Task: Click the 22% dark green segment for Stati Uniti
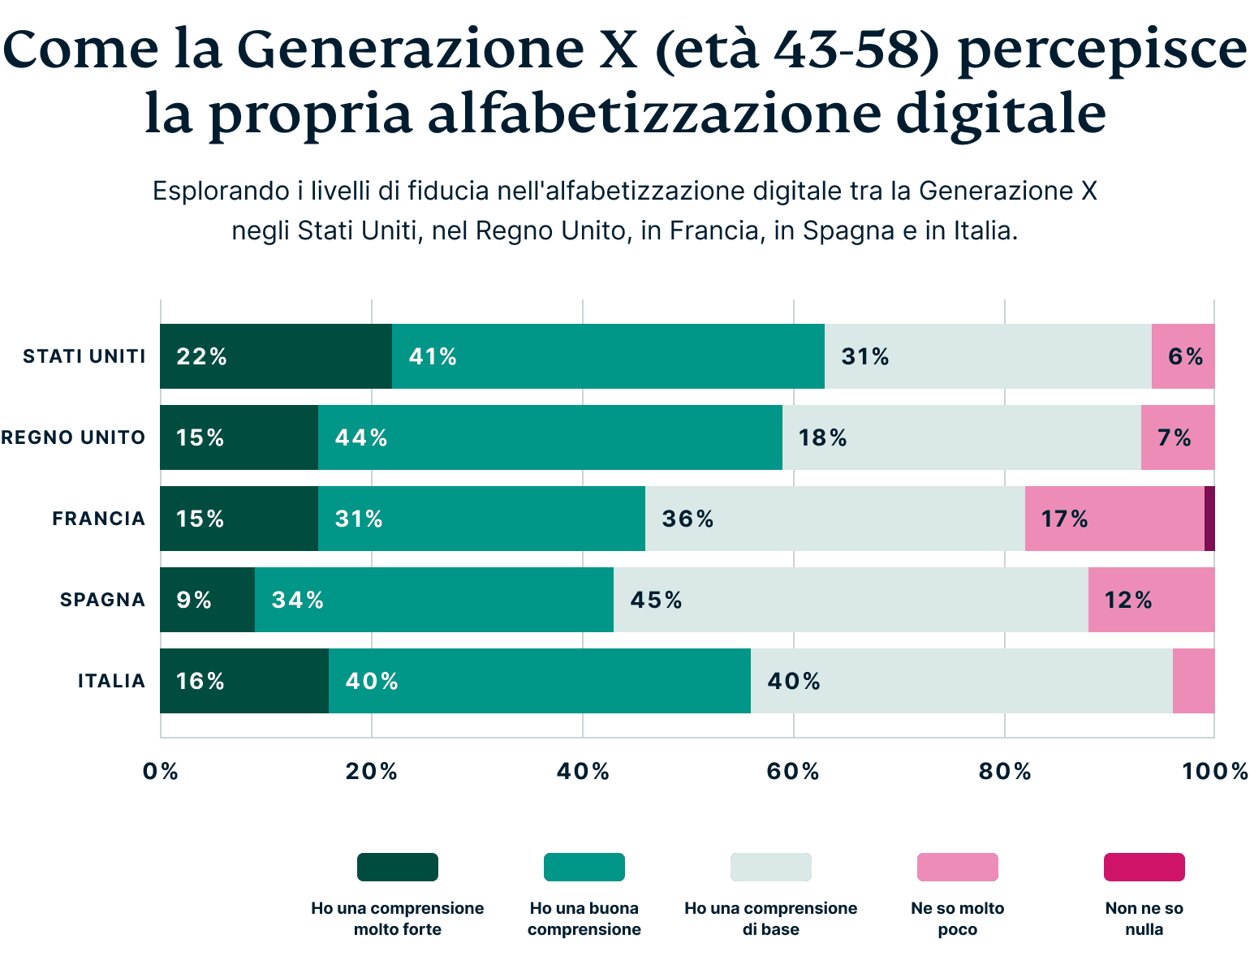pyautogui.click(x=276, y=356)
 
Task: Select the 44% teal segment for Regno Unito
pyautogui.click(x=550, y=437)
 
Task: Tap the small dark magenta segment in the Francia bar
pyautogui.click(x=1209, y=519)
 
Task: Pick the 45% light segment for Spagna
pyautogui.click(x=850, y=600)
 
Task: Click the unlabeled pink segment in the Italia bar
pyautogui.click(x=1193, y=681)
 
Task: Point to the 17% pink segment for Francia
pyautogui.click(x=1114, y=519)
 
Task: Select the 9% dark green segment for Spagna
pyautogui.click(x=207, y=600)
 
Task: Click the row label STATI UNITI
pyautogui.click(x=84, y=356)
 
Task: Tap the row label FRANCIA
pyautogui.click(x=98, y=519)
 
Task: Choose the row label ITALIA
pyautogui.click(x=111, y=681)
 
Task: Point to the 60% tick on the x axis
pyautogui.click(x=793, y=771)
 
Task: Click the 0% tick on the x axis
pyautogui.click(x=160, y=771)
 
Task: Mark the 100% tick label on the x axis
pyautogui.click(x=1214, y=771)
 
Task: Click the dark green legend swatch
pyautogui.click(x=398, y=867)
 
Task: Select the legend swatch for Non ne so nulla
pyautogui.click(x=1144, y=867)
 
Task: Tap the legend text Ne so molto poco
pyautogui.click(x=957, y=919)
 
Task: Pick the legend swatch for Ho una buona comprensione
pyautogui.click(x=584, y=867)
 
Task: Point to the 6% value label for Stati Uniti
pyautogui.click(x=1185, y=356)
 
